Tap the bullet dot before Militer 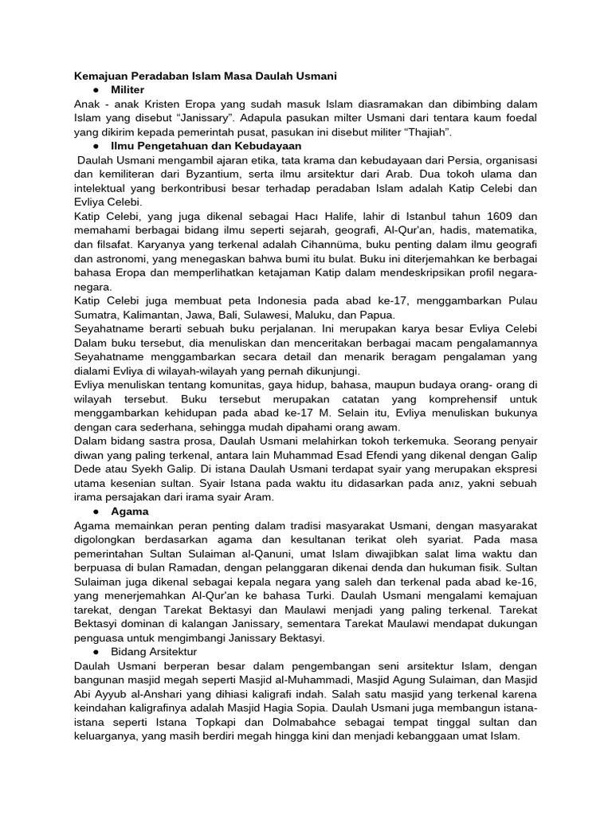point(95,90)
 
